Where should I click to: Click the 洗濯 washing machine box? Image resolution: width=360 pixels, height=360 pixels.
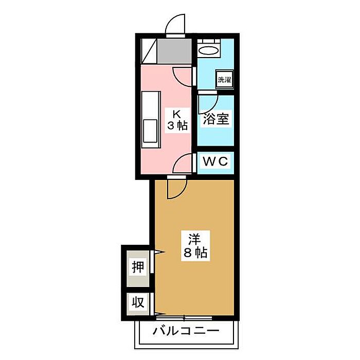point(225,79)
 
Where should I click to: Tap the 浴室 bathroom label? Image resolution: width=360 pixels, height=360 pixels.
point(216,119)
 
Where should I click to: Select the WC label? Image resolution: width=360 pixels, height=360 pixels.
point(215,161)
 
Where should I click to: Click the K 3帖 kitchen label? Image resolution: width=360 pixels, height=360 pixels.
point(177,119)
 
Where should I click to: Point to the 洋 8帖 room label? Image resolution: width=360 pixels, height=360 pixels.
point(195,246)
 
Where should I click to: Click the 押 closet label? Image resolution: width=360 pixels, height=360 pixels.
point(138,267)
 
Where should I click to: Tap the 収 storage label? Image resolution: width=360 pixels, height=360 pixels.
point(138,302)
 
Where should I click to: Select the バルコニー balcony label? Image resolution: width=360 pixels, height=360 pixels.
point(186,331)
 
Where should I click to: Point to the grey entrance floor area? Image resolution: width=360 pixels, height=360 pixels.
point(174,50)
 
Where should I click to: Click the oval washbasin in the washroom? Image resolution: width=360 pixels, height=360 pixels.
point(209,50)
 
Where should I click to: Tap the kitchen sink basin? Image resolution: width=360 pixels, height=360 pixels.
point(150,131)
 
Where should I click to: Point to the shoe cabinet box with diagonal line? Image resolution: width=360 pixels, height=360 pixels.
point(149,50)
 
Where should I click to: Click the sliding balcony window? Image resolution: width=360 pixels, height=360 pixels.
point(184,318)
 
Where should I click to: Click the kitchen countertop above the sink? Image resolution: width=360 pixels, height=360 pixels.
point(151,105)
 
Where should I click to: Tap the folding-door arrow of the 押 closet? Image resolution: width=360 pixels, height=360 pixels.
point(159,253)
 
